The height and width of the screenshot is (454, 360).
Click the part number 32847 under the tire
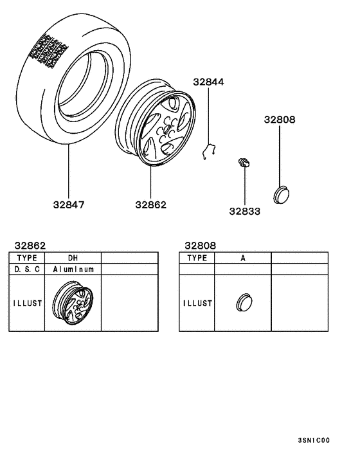68,205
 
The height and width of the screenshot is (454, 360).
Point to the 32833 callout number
245,211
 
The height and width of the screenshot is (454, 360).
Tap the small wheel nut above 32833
244,163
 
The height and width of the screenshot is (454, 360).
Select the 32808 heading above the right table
200,245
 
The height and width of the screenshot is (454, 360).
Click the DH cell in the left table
73,257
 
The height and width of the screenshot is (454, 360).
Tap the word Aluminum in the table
73,269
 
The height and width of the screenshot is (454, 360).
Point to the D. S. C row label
26,269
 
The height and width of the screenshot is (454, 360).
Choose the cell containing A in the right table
243,257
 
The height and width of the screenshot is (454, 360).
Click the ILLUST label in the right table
196,303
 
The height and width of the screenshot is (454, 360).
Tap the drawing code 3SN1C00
314,440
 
